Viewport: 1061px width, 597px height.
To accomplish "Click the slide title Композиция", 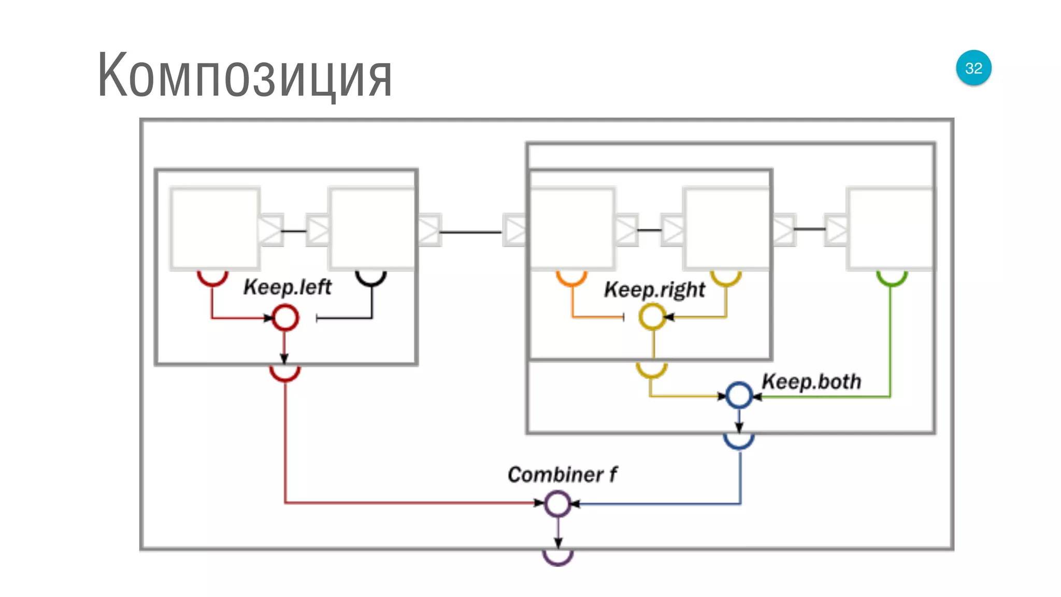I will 245,76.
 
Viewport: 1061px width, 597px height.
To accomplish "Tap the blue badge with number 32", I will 973,68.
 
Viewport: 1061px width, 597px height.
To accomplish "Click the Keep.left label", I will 287,287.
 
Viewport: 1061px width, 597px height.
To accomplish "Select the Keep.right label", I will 654,289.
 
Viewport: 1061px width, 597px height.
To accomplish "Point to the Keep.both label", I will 811,381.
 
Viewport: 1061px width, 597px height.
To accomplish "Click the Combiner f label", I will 562,475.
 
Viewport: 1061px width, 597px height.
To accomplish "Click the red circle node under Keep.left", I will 285,318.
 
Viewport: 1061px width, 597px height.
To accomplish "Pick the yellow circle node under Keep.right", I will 652,317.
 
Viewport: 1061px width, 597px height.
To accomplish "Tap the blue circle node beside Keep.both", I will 739,396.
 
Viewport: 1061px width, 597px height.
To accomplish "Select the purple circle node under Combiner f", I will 557,504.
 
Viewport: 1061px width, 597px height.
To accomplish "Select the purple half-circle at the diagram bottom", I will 557,558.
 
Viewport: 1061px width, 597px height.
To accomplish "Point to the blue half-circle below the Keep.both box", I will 739,442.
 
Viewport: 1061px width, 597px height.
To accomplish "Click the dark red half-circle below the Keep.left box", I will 285,374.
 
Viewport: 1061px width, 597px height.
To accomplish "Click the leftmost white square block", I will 214,229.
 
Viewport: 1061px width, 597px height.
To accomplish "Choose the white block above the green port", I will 890,229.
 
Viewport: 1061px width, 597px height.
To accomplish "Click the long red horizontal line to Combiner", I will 409,502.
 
